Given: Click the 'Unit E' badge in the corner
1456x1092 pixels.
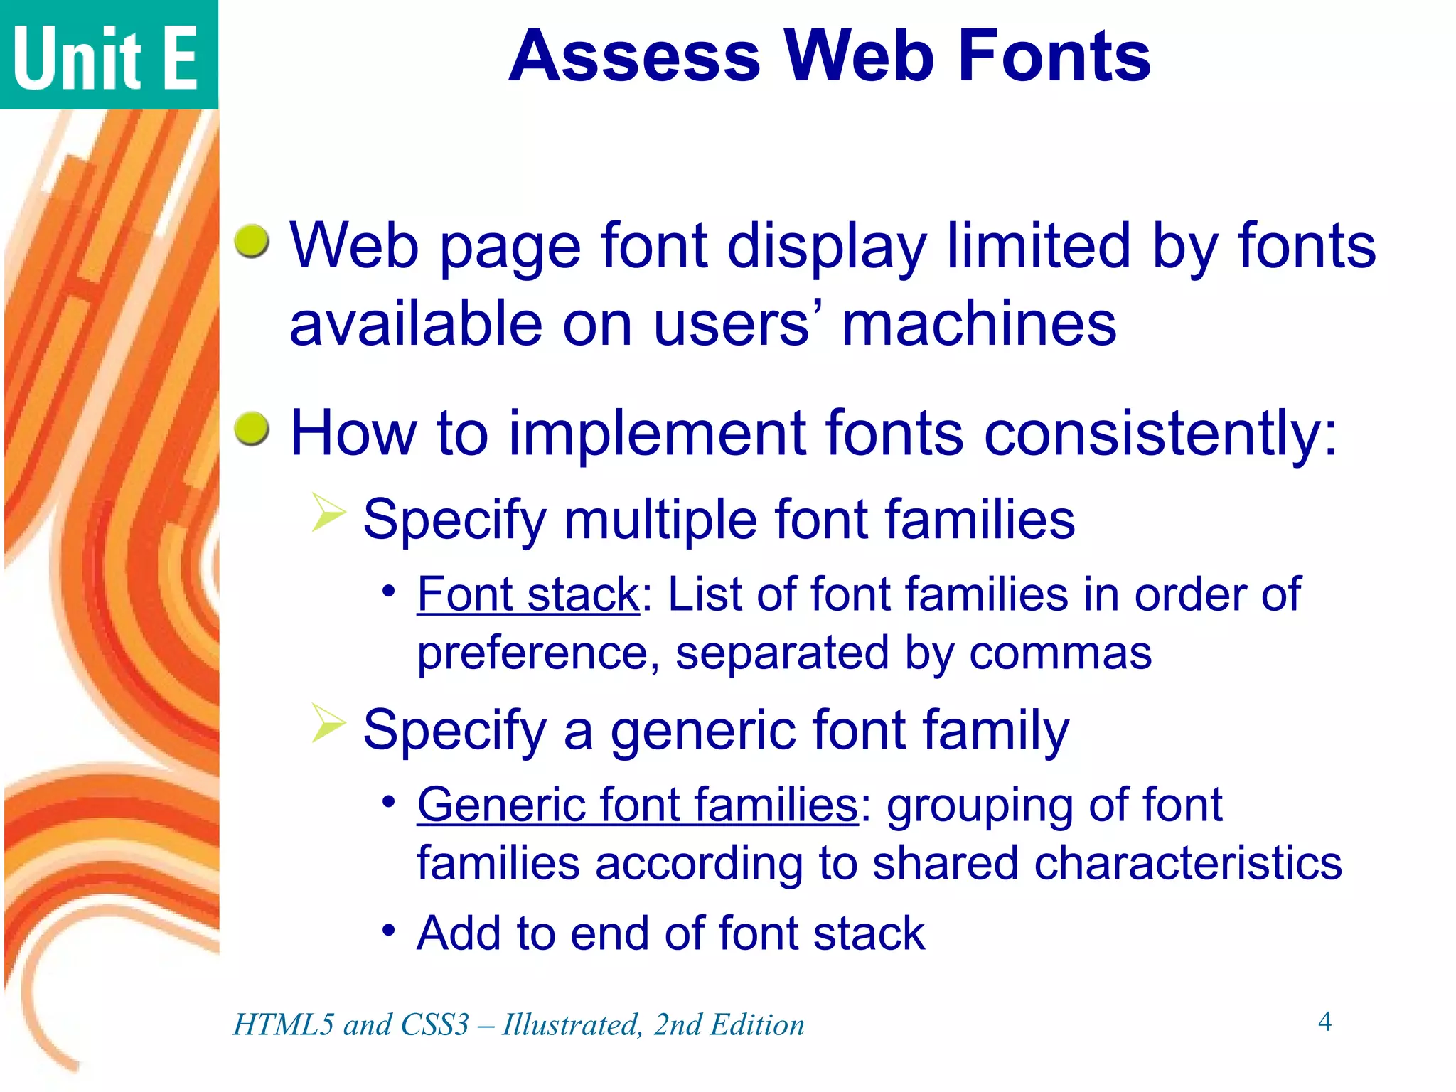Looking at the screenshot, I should (x=107, y=57).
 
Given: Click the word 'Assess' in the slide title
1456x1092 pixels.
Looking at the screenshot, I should (x=635, y=57).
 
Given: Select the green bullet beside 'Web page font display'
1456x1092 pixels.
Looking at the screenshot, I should (x=252, y=242).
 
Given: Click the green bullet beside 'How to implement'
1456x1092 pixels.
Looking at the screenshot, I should (x=252, y=429).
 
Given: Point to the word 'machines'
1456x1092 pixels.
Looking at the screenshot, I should (x=979, y=324).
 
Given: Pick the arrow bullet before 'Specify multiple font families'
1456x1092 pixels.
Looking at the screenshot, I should (x=328, y=513).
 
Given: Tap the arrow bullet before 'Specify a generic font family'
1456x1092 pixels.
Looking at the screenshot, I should (x=328, y=724).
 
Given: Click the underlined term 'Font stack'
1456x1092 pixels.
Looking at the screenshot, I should (x=528, y=594).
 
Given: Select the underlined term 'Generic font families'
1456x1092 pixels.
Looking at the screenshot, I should (x=637, y=805).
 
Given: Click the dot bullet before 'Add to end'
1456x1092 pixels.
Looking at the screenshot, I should (x=388, y=929).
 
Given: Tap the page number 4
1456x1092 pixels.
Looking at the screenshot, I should (x=1324, y=1022).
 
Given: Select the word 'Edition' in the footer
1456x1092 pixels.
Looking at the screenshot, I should (x=758, y=1025).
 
